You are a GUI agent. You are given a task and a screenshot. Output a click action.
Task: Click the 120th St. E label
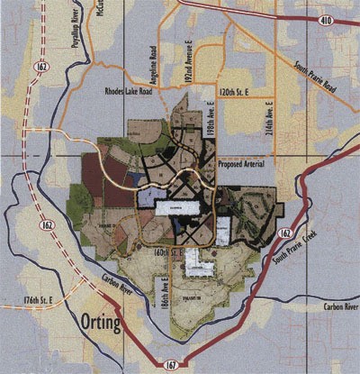(x=237, y=92)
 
